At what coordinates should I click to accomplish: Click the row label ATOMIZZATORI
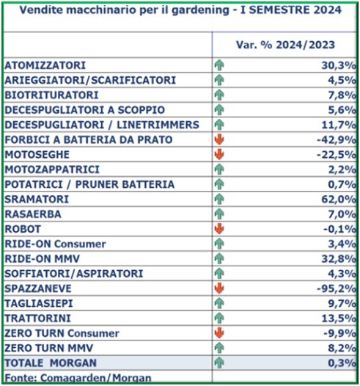click(45, 65)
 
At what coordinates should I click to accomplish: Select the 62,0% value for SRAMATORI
click(339, 200)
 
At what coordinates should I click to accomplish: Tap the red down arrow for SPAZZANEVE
click(219, 288)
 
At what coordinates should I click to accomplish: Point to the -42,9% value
click(337, 140)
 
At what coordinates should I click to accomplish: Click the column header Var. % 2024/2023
click(285, 45)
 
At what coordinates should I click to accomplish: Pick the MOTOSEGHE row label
click(37, 155)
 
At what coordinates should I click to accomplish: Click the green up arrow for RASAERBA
click(219, 214)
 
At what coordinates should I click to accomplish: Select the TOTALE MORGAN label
click(51, 363)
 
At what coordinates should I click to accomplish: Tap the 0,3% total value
click(342, 363)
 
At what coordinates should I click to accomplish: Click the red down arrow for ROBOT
click(219, 229)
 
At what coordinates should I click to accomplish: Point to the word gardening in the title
click(200, 10)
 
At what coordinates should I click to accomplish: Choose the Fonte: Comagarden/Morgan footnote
click(78, 378)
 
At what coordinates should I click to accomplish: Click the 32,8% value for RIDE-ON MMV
click(339, 259)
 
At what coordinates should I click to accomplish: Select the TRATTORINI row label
click(38, 318)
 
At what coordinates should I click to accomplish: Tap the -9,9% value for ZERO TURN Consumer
click(339, 333)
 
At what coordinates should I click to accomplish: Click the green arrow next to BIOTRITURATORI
click(219, 95)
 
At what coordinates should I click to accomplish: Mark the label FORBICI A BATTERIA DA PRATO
click(89, 140)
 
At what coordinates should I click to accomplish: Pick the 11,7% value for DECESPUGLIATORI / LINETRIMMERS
click(339, 125)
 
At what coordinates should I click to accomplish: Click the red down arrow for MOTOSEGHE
click(219, 154)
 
